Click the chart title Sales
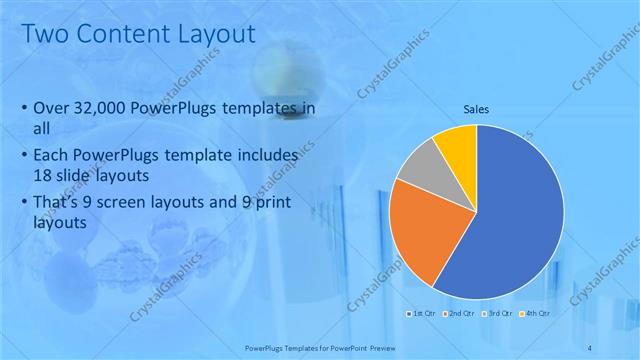475,109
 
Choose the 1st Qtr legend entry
422,314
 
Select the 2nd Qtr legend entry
459,314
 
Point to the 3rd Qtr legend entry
496,314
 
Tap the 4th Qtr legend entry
533,314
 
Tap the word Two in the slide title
43,34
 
